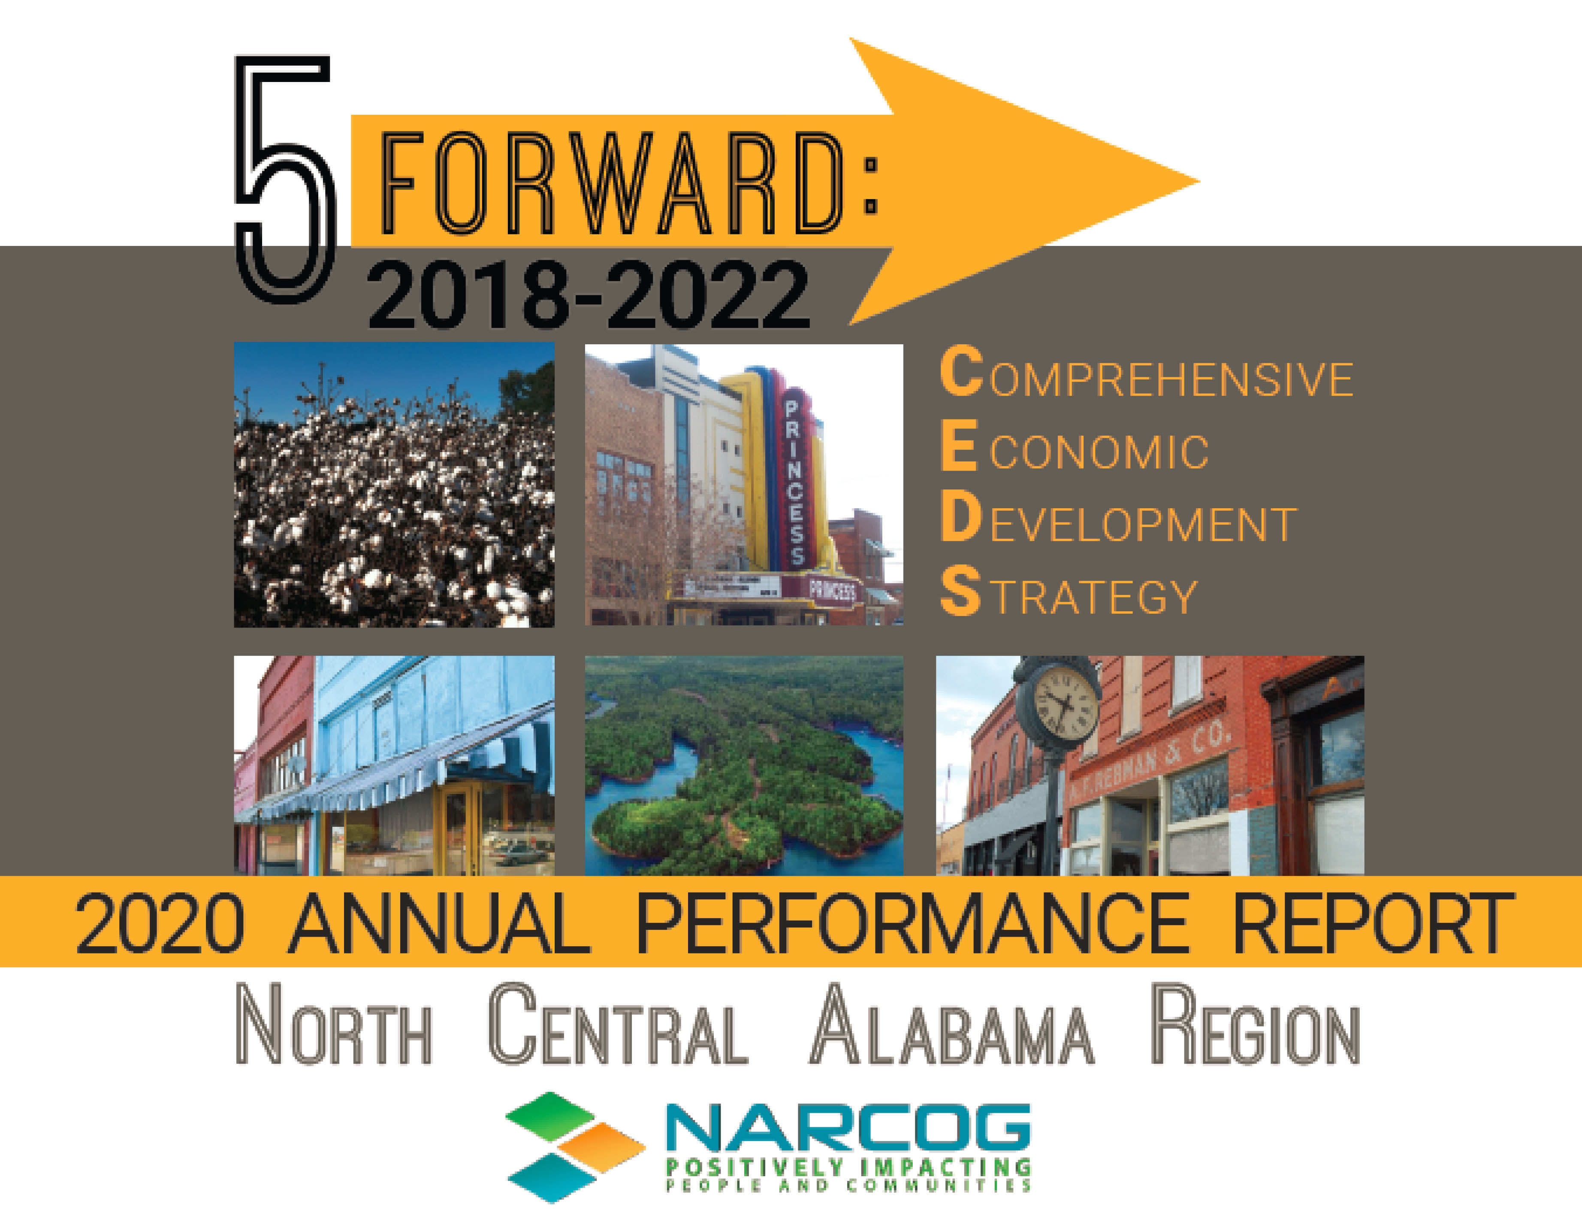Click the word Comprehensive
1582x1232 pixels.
pyautogui.click(x=1147, y=373)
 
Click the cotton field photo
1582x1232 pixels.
pyautogui.click(x=394, y=484)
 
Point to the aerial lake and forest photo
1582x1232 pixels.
pyautogui.click(x=744, y=765)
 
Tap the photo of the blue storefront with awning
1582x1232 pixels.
pyautogui.click(x=394, y=765)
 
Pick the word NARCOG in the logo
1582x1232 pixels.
pyautogui.click(x=848, y=1127)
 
